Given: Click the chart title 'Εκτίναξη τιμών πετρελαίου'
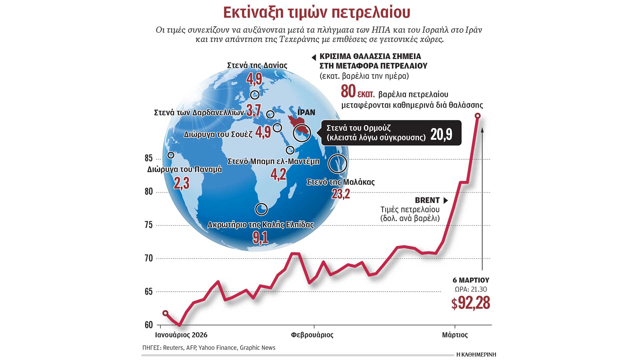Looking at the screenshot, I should click(x=316, y=13).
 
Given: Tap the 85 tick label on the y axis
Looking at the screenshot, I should click(x=149, y=158).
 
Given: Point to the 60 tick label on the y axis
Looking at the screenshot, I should click(x=149, y=325).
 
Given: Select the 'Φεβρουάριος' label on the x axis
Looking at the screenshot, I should click(x=312, y=335).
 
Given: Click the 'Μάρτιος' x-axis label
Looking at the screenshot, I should click(x=455, y=335).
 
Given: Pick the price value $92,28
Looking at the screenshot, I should click(x=470, y=303).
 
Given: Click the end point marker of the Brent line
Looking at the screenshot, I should click(x=477, y=116).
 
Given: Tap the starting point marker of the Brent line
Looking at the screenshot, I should click(x=165, y=313).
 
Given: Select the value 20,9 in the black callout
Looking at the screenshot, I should click(x=441, y=134).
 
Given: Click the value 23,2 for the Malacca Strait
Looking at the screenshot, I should click(x=341, y=194).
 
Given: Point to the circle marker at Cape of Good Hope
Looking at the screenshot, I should click(x=261, y=209).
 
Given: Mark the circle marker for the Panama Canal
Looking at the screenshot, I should click(x=171, y=155).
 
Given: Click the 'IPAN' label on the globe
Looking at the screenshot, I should click(x=306, y=112).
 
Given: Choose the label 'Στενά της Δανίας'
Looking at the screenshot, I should click(x=257, y=65).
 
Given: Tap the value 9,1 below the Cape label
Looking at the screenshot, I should click(x=260, y=238).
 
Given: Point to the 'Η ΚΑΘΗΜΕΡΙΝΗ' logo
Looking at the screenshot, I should click(x=476, y=354).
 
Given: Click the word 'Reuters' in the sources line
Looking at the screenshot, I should click(x=173, y=348).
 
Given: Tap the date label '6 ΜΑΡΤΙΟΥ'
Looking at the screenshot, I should click(x=471, y=280).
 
